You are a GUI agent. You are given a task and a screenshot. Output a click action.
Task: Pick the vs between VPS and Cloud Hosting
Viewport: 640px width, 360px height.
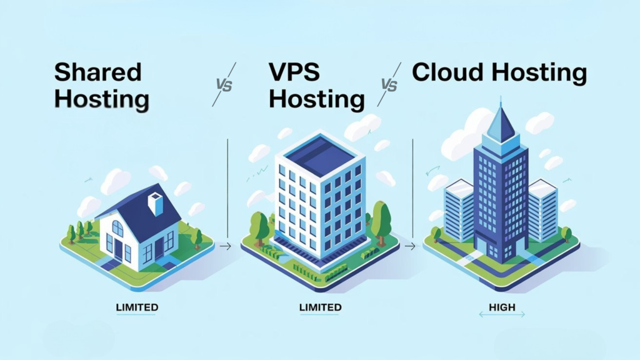point(389,84)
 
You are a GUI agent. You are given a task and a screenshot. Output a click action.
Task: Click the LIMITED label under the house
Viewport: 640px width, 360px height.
point(137,307)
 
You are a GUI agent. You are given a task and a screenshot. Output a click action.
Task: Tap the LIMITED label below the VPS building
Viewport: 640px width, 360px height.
point(320,307)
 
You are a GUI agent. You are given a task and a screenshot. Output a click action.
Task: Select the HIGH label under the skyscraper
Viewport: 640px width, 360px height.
point(502,307)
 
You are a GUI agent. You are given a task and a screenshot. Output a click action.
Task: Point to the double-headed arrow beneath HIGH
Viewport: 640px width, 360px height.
point(502,316)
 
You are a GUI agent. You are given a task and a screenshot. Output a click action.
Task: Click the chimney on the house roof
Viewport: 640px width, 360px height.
point(156,203)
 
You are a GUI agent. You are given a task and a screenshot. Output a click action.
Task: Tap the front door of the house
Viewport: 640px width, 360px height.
point(118,248)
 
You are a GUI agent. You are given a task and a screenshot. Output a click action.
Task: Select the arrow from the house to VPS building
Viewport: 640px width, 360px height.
point(226,247)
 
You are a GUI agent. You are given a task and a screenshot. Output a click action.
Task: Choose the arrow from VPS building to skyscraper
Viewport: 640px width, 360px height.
point(410,247)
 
